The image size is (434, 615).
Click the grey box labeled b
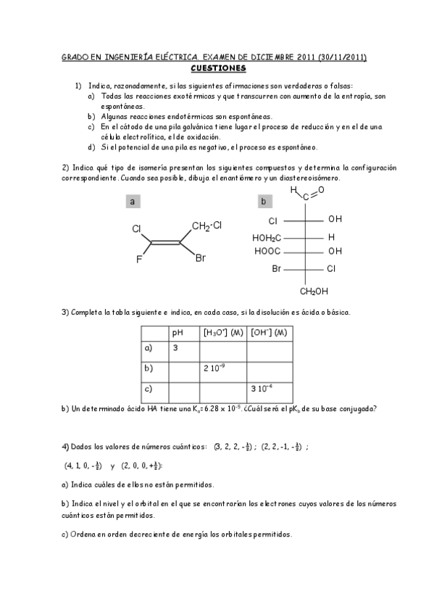pos(263,201)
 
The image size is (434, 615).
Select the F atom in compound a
pos(139,257)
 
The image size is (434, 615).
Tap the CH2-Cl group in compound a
pos(206,226)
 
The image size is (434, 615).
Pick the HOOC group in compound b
pos(267,252)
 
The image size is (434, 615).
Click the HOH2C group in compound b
pos(267,237)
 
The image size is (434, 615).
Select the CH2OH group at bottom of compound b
pos(314,292)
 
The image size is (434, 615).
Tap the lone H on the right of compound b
pos(331,237)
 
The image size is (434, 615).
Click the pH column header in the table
pos(178,333)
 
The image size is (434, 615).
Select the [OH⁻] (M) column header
pos(268,333)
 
